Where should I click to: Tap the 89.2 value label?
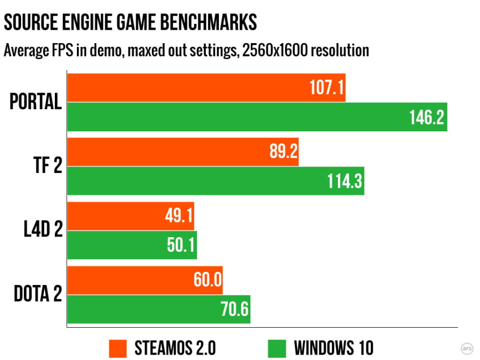283,152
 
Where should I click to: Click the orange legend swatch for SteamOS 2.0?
118,348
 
